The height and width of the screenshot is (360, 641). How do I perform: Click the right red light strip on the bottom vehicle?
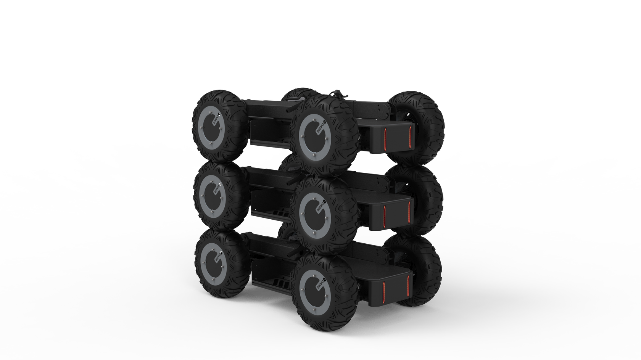pos(409,286)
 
